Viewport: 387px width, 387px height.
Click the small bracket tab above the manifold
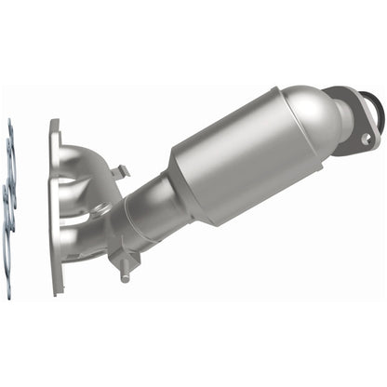(x=117, y=173)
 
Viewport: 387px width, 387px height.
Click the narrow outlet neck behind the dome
(x=340, y=112)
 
